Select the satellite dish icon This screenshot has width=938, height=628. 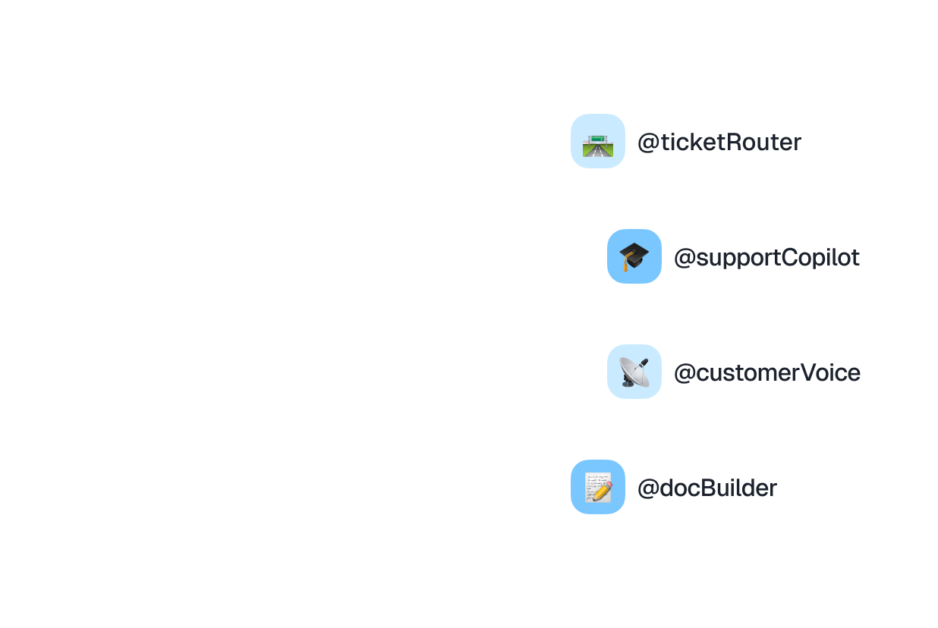coord(634,372)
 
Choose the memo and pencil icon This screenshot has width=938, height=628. coord(598,487)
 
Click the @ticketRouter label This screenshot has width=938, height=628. coord(719,143)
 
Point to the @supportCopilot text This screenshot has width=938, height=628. coord(766,258)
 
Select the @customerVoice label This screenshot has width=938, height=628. coord(766,373)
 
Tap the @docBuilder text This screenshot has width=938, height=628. coord(707,488)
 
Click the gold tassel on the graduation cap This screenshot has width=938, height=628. coord(626,265)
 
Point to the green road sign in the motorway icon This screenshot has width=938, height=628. coord(598,137)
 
